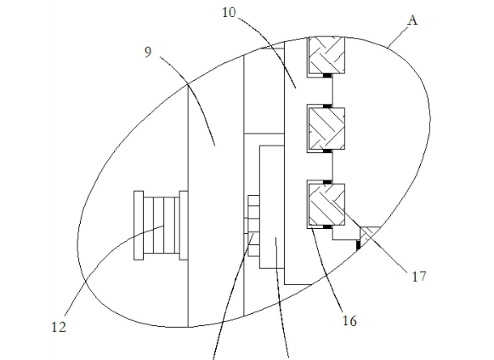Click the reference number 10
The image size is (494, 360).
click(x=229, y=13)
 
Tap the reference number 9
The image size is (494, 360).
click(x=148, y=52)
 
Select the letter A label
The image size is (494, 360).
click(x=412, y=20)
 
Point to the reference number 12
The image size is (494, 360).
click(x=59, y=327)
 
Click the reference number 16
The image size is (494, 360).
click(x=349, y=321)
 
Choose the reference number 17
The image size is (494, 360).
click(x=419, y=277)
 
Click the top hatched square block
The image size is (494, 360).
click(x=326, y=55)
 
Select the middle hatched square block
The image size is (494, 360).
click(x=326, y=129)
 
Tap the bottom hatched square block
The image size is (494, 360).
click(x=326, y=204)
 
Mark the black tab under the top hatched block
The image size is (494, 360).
click(x=327, y=76)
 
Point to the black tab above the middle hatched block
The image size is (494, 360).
click(x=327, y=106)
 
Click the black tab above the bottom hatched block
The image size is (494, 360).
click(x=327, y=182)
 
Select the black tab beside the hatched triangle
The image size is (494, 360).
click(x=358, y=245)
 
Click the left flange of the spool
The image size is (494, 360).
click(x=139, y=226)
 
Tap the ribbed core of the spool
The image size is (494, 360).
click(x=162, y=226)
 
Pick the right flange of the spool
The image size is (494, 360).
click(x=184, y=226)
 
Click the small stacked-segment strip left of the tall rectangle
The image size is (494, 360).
click(x=253, y=226)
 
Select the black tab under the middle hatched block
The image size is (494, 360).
click(x=327, y=151)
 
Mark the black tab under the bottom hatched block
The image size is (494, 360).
click(x=327, y=227)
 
